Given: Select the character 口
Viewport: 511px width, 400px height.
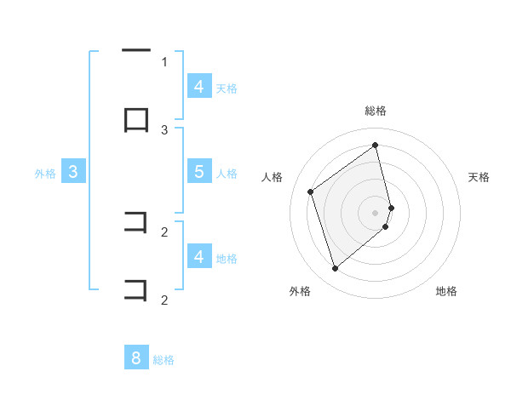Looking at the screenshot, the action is (x=136, y=120).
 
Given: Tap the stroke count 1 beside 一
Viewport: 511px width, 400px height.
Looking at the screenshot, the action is (x=164, y=61).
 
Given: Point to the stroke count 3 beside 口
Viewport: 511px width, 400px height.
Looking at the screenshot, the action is (x=164, y=129).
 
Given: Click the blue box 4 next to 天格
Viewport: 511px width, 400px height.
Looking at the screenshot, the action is (x=198, y=87).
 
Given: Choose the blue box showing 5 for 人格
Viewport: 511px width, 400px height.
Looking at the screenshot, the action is (x=198, y=172).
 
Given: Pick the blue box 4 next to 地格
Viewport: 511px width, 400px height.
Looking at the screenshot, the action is (x=198, y=256).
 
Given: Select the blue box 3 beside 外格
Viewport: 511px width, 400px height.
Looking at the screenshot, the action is (x=73, y=172).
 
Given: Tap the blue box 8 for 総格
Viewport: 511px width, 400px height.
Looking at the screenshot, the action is (x=136, y=358).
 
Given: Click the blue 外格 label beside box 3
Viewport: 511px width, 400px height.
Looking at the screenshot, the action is (x=45, y=174).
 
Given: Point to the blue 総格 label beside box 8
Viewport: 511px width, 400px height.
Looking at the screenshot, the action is (x=164, y=360).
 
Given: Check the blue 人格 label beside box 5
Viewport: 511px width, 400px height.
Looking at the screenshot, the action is (x=227, y=174).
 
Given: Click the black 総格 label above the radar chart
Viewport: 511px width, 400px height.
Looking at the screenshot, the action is (x=376, y=111).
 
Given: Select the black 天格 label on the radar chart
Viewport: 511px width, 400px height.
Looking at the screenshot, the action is (x=479, y=177).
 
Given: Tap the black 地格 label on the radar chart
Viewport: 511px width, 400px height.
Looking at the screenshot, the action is (x=446, y=291).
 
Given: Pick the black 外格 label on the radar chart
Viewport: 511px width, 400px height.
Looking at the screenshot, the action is (x=300, y=291).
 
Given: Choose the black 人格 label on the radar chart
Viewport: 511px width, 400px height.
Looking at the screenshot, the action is (x=272, y=177).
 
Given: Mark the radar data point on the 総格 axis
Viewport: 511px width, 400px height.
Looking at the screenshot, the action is (x=376, y=145).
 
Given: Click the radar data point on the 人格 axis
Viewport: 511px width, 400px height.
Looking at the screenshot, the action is (x=311, y=191).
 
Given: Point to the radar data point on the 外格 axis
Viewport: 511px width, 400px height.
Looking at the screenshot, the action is (x=335, y=269).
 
